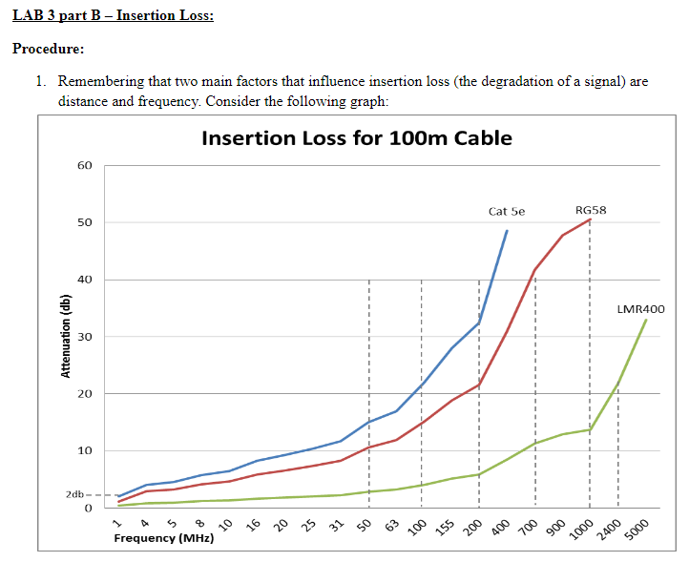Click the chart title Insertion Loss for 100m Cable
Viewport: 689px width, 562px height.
pos(357,138)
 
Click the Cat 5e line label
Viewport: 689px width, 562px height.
pos(506,211)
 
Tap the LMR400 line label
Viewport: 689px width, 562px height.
pos(640,309)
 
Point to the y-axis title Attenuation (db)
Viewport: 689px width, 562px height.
pos(66,338)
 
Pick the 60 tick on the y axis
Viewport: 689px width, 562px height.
pos(85,166)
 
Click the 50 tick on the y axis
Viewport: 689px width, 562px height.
pos(85,222)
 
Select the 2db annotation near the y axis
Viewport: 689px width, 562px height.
pos(75,495)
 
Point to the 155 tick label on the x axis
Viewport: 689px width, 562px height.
pos(447,527)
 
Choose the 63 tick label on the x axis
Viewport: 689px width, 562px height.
pos(392,525)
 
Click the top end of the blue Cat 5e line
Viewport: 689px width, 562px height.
pos(507,230)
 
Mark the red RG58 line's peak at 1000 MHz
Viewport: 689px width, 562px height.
pos(590,219)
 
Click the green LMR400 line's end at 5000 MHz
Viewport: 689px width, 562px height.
pos(646,320)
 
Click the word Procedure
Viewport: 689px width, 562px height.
pos(48,49)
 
